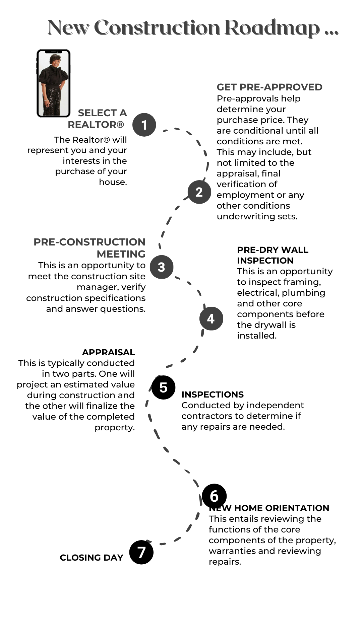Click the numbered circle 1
tap(144, 125)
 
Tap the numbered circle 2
tap(199, 192)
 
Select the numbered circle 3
tap(162, 267)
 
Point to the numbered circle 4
tap(211, 318)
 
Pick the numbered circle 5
tap(164, 387)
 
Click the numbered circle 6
tap(215, 496)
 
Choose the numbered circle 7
tap(141, 552)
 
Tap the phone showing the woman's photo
tap(54, 83)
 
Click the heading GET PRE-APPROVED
tap(269, 87)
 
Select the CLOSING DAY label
tap(92, 558)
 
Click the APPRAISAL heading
tap(109, 352)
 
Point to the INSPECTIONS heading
tap(213, 395)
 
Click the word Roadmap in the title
tap(272, 28)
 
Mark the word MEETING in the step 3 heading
tap(121, 254)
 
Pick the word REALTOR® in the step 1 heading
tap(96, 125)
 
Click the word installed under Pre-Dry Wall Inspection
tap(257, 336)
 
